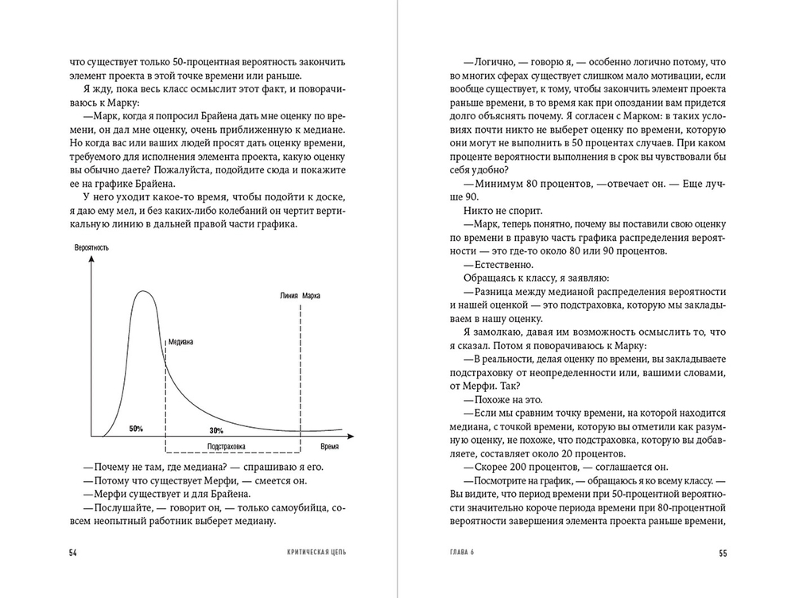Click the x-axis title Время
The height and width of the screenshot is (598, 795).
[330, 446]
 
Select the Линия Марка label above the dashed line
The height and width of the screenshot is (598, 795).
[301, 296]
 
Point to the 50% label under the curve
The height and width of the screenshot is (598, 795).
[136, 429]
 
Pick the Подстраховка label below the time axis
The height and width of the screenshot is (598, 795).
[225, 446]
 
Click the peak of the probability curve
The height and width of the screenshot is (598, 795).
[143, 293]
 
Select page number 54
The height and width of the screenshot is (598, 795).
[74, 552]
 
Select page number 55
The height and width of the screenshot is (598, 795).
[722, 552]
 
